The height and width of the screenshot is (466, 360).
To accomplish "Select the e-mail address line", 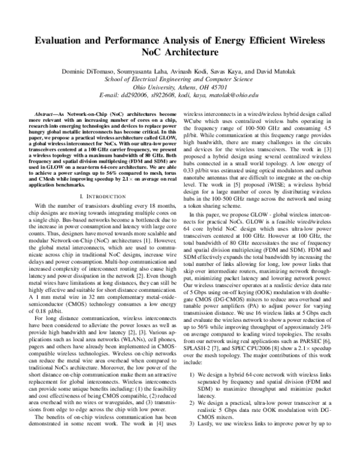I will [x=179, y=95].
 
